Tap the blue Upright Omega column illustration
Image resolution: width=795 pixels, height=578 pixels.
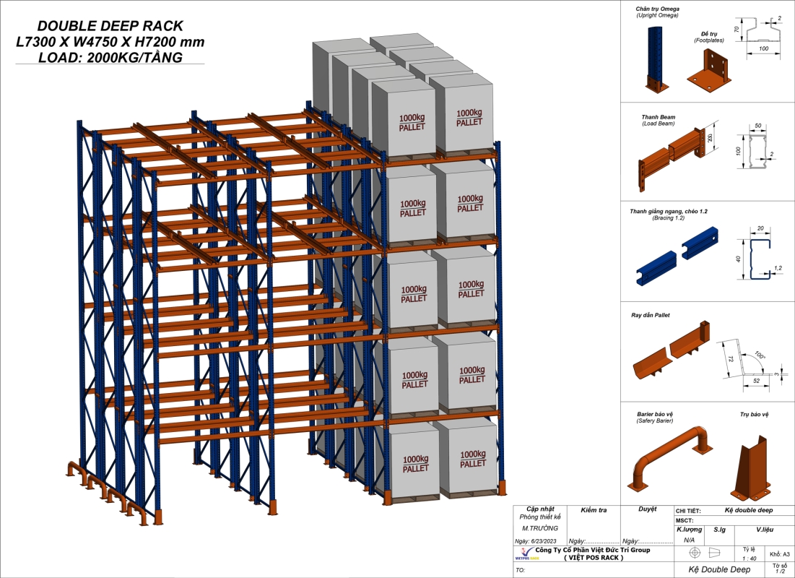point(653,58)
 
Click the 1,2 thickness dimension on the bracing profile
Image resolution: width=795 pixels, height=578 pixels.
point(778,267)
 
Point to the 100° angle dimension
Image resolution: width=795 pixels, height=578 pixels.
point(760,356)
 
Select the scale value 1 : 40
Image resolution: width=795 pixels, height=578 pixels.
point(749,558)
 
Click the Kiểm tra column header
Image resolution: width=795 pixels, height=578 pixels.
point(593,510)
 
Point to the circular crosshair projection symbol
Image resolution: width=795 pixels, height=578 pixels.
point(695,553)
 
